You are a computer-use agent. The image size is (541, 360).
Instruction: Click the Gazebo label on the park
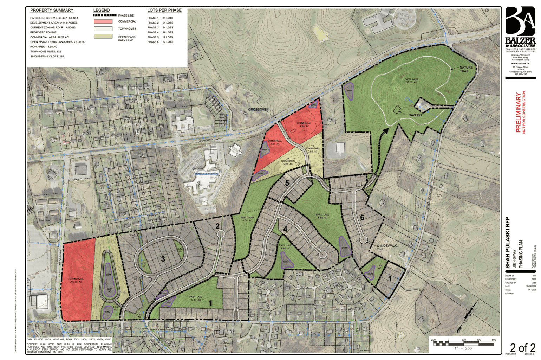(x=415, y=115)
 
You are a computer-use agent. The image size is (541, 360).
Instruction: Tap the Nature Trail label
(x=466, y=69)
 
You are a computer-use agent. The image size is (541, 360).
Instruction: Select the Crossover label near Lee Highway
(x=258, y=109)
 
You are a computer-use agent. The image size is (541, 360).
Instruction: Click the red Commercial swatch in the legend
(x=103, y=21)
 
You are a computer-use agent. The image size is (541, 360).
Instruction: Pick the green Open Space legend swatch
(x=103, y=36)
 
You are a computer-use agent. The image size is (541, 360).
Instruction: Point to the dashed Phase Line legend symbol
(x=104, y=15)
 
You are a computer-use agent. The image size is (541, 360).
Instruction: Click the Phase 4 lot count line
(x=160, y=32)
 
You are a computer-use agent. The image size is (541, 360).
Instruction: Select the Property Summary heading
(x=52, y=10)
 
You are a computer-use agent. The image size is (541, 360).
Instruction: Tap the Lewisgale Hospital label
(x=207, y=174)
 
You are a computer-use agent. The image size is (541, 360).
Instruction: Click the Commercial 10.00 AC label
(x=76, y=280)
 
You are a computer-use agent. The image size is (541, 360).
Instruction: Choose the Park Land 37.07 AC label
(x=411, y=81)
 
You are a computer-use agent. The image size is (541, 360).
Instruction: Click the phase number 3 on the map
(x=163, y=259)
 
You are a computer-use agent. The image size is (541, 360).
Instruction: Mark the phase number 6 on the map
(x=362, y=218)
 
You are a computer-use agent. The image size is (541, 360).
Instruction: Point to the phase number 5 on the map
(x=287, y=183)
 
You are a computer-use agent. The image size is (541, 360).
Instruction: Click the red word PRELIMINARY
(x=518, y=112)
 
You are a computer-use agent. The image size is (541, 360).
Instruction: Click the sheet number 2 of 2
(x=522, y=348)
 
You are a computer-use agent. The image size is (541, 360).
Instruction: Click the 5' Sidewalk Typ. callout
(x=386, y=247)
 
